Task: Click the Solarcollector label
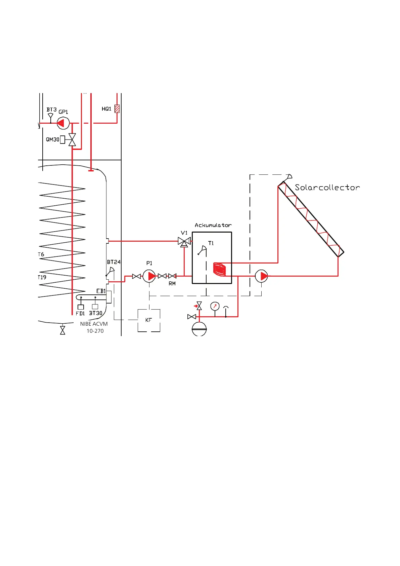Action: [327, 188]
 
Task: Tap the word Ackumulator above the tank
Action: [213, 225]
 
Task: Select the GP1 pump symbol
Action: [63, 123]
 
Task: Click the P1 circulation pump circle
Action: [149, 276]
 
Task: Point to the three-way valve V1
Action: [184, 241]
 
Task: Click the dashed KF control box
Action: [149, 320]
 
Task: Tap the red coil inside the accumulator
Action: [220, 270]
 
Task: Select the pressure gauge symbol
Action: [215, 306]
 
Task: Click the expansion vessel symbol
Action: [199, 329]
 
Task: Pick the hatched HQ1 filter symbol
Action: [117, 109]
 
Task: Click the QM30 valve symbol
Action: [72, 140]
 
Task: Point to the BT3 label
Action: [51, 110]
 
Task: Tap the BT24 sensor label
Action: [114, 262]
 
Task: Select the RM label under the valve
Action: [172, 284]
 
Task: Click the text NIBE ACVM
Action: [94, 324]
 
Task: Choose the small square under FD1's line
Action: [81, 307]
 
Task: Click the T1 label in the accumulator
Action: [211, 243]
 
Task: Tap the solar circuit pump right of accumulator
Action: [261, 276]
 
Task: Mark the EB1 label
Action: [101, 291]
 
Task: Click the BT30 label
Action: [96, 313]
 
